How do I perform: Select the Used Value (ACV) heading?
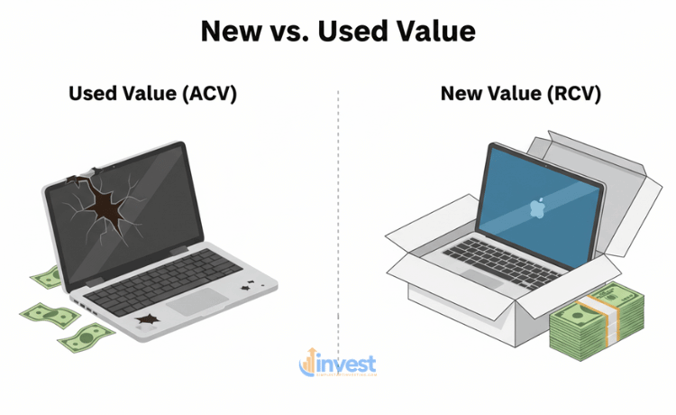pos(152,93)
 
